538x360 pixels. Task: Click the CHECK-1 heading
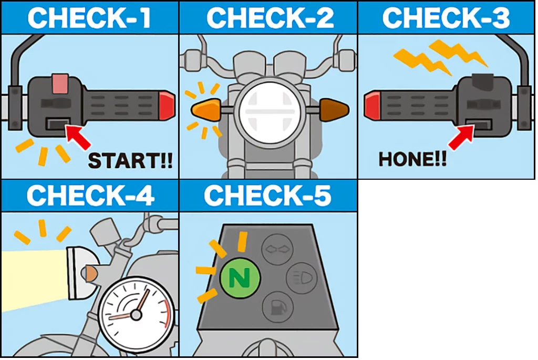(89, 17)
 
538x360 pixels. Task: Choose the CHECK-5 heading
(268, 196)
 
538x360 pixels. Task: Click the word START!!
(130, 161)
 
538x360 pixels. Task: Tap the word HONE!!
(412, 159)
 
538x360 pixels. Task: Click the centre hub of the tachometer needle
(136, 315)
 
